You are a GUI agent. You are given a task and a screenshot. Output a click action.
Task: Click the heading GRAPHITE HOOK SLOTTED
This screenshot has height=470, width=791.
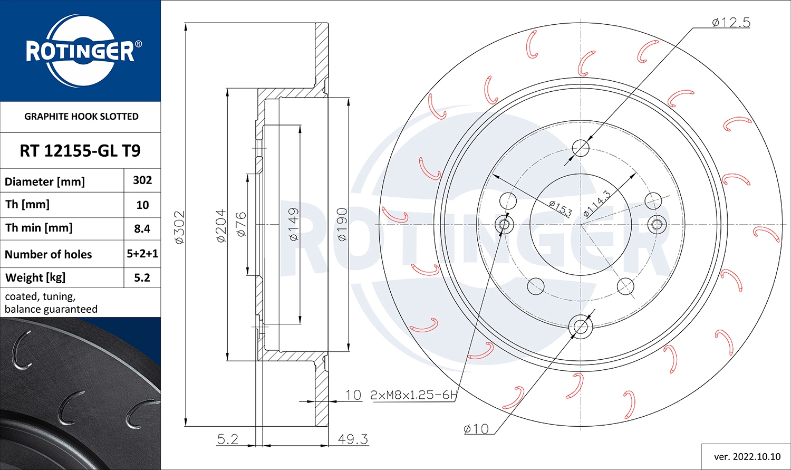[81, 117]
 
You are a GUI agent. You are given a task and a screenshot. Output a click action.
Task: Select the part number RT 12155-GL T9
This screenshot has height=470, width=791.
[80, 151]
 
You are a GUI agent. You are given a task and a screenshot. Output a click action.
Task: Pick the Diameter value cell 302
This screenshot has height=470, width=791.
[142, 180]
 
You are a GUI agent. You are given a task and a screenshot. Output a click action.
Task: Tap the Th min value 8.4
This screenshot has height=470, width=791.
[142, 228]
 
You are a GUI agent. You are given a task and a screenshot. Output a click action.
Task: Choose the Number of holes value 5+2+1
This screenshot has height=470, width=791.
[142, 254]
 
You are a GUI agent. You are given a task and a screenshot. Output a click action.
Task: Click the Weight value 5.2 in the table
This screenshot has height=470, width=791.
[142, 277]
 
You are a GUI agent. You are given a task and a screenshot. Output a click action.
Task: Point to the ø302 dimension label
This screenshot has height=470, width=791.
[180, 227]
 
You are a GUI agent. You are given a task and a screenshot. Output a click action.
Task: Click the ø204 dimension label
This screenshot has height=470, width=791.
[221, 226]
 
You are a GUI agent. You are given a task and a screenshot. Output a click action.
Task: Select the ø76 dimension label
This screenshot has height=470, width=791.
[241, 224]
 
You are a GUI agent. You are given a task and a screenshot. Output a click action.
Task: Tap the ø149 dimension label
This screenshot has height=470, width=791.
[294, 224]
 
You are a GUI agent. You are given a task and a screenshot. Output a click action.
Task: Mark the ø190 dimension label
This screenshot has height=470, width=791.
[342, 225]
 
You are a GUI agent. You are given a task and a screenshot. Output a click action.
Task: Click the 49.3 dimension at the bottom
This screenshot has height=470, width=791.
[353, 439]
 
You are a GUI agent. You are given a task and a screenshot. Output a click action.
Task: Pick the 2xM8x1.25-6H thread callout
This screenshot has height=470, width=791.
[414, 395]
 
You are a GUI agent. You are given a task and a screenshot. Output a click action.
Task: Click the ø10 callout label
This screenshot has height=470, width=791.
[476, 429]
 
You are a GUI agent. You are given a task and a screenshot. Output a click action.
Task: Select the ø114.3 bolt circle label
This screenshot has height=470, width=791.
[597, 204]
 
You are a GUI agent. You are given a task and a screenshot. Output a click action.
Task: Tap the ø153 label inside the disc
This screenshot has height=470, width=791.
[560, 208]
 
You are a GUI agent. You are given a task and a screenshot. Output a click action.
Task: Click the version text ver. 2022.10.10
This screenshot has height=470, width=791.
[747, 456]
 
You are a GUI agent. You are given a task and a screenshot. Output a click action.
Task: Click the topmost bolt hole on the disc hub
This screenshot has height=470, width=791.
[581, 148]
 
